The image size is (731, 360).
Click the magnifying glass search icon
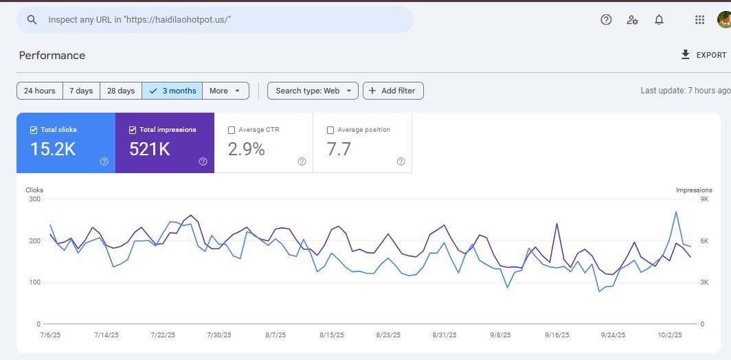32,20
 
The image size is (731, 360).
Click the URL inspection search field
215,20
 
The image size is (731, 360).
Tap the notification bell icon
659,20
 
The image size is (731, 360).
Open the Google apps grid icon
699,20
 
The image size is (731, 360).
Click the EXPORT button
704,55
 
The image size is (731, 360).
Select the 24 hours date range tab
40,91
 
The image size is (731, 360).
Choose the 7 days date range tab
81,91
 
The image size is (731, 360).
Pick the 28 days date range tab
121,91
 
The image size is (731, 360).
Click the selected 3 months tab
172,91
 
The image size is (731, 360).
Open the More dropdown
225,91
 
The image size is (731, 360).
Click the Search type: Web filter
313,91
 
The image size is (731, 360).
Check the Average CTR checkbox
232,130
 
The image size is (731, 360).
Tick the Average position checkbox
330,130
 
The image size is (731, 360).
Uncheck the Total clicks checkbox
34,130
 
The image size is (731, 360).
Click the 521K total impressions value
150,149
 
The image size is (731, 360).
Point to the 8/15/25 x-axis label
331,335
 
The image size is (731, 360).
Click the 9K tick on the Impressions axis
704,199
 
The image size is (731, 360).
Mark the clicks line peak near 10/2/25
676,212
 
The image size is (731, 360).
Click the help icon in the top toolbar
606,20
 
